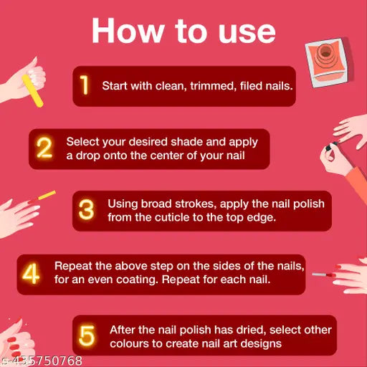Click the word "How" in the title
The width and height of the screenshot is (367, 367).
[128, 31]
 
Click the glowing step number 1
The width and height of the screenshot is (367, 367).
[84, 85]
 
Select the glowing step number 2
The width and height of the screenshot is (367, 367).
[44, 148]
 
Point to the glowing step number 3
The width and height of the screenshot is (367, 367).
[86, 209]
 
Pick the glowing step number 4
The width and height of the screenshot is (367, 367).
[31, 273]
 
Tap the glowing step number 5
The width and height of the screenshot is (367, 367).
[87, 335]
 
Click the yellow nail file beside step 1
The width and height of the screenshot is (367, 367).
[32, 90]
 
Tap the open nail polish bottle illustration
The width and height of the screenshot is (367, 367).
[327, 62]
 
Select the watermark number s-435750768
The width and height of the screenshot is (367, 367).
[41, 361]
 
